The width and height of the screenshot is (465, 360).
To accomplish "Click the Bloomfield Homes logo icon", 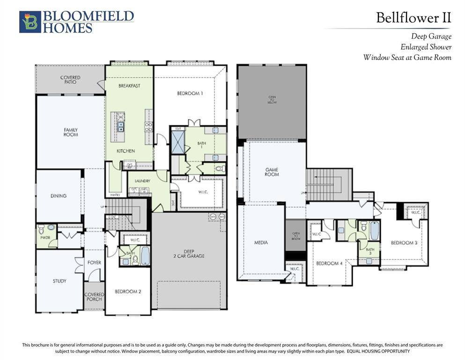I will [30, 22].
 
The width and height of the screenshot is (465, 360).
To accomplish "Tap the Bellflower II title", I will [413, 18].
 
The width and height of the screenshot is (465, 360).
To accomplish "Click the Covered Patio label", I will [70, 80].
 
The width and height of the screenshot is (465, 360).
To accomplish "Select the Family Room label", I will [71, 132].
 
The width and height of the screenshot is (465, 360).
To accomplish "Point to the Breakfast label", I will [129, 86].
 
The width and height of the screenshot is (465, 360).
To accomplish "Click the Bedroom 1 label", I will [190, 93].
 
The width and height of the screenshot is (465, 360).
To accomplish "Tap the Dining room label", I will [59, 196].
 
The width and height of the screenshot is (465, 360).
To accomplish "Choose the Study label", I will [59, 281].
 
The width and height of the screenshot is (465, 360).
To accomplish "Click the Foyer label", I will [94, 262].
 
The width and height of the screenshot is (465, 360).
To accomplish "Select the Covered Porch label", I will [94, 297].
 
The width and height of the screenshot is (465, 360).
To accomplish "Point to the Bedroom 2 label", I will [128, 292].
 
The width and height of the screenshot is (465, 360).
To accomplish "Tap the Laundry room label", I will [142, 180].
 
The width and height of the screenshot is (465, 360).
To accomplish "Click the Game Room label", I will [272, 172].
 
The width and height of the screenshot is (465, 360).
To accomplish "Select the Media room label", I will [261, 242].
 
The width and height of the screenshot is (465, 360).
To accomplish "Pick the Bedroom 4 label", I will [329, 263].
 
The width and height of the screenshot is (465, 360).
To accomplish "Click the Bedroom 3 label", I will [404, 243].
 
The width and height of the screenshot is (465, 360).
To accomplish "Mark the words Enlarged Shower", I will [426, 47].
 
